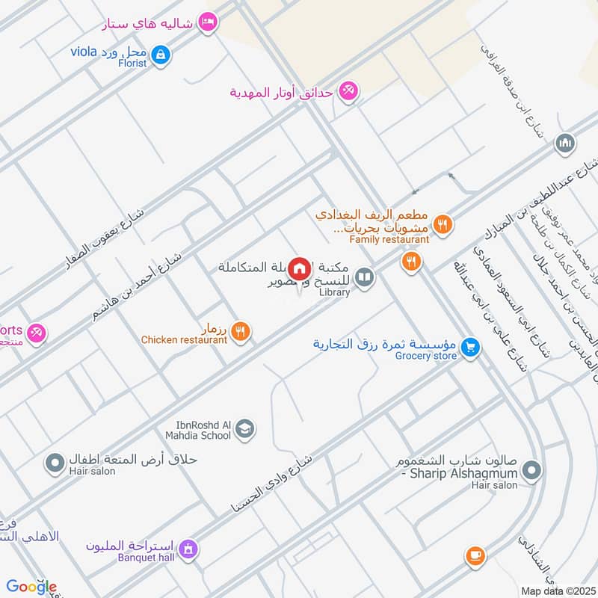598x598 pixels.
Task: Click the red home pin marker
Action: click(x=299, y=268)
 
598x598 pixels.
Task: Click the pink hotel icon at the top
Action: click(x=209, y=22)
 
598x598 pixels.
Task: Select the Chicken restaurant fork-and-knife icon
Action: click(x=240, y=331)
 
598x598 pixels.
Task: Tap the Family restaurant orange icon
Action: click(x=443, y=223)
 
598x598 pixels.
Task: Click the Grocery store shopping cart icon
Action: click(x=469, y=347)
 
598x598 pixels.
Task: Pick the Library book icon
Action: click(x=364, y=278)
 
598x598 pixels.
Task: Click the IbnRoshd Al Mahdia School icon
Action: click(x=244, y=429)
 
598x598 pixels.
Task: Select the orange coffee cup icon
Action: click(x=475, y=555)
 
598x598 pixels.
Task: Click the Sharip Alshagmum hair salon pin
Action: click(x=531, y=470)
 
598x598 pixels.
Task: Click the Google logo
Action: click(x=31, y=587)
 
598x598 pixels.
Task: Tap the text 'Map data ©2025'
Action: click(x=557, y=591)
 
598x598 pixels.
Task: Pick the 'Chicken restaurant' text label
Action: click(x=184, y=340)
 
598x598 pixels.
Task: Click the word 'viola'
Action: click(x=84, y=52)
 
